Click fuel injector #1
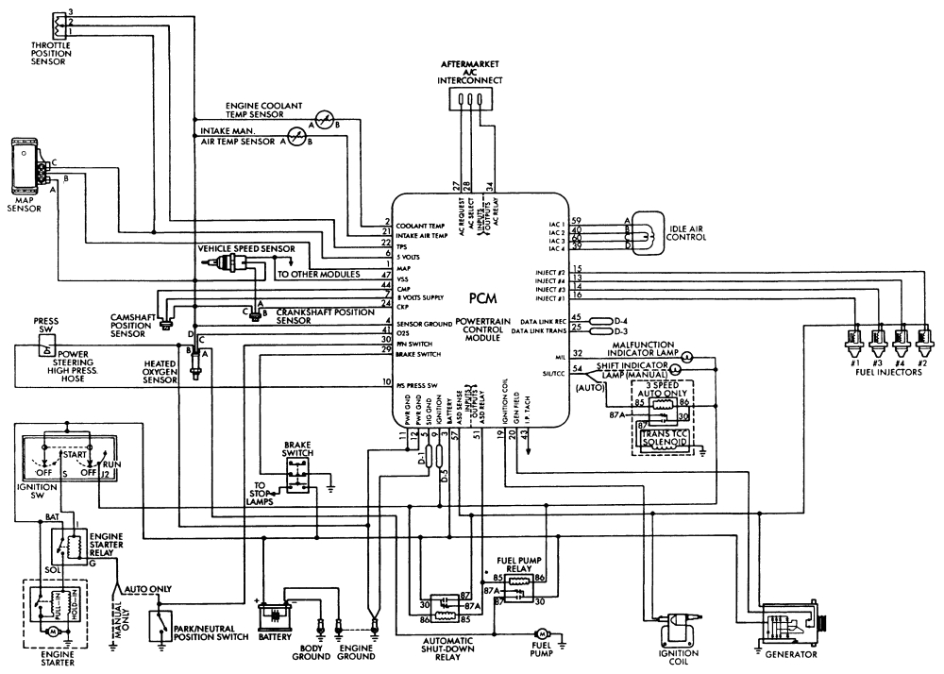pos(854,336)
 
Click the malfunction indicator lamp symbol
pos(688,356)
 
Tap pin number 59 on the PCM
pos(588,221)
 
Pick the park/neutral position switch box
pos(167,628)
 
